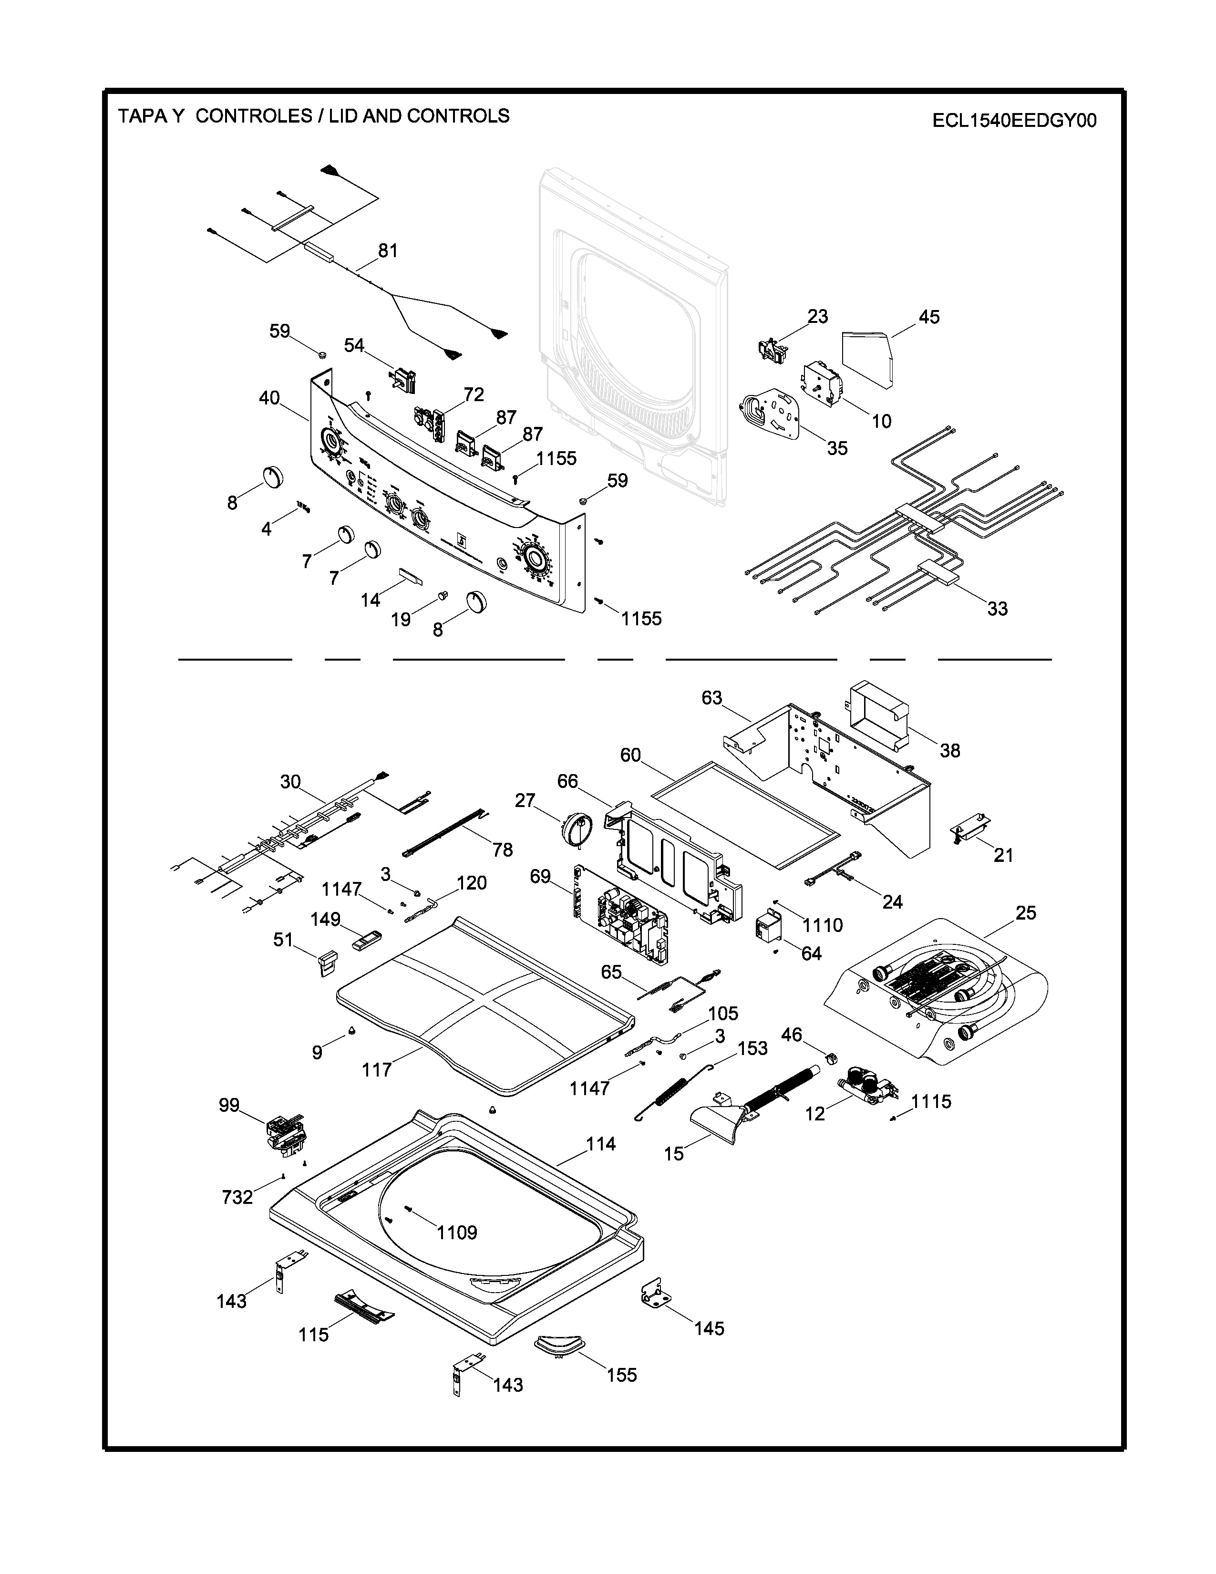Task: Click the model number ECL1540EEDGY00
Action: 1014,120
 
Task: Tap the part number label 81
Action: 388,251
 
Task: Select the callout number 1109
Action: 457,1232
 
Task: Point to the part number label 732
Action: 238,1197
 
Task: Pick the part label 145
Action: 709,1328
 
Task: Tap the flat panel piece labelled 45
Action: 869,357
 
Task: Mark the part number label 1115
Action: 931,1101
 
